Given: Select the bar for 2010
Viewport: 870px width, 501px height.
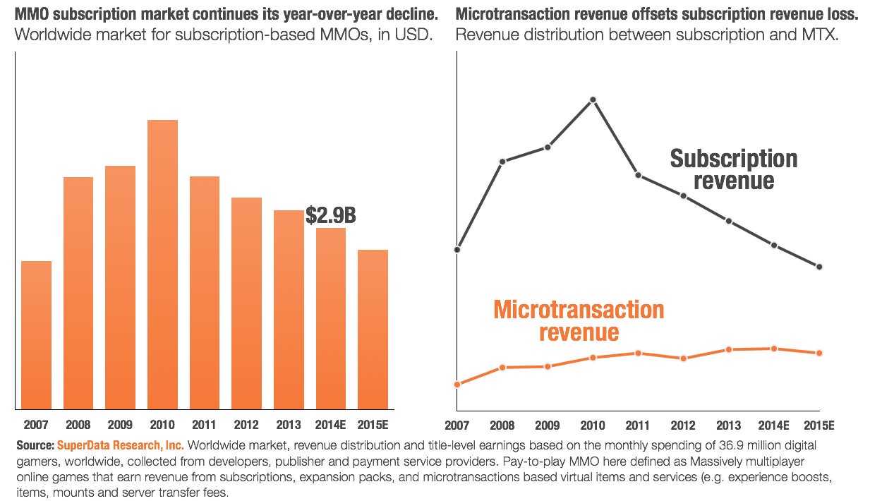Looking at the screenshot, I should pos(162,265).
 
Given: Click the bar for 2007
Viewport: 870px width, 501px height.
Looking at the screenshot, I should pos(36,335).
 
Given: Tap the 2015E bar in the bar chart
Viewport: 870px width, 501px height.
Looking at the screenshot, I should pos(373,330).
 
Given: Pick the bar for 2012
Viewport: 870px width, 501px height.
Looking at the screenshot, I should pos(246,303).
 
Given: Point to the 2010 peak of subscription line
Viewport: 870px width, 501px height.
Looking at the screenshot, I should pos(593,99).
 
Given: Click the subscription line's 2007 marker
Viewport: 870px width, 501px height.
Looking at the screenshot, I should pos(457,249).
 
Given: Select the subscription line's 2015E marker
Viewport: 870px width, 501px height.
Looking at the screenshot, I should pos(819,267).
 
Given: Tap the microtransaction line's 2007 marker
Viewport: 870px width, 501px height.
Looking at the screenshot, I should pos(457,385).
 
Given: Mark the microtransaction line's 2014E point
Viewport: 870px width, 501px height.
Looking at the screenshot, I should pos(774,349).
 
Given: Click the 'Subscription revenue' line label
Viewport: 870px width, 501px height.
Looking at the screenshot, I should pos(734,169).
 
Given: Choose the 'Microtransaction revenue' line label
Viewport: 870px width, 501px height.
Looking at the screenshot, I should pos(579,320).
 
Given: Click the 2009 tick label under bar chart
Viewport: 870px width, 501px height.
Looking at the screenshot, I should pos(120,425).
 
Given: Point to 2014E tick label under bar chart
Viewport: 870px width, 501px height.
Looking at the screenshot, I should pos(330,425).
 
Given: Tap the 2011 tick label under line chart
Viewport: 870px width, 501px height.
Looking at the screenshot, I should pos(637,425).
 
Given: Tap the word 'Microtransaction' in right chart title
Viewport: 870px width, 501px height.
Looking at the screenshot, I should pos(504,13).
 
